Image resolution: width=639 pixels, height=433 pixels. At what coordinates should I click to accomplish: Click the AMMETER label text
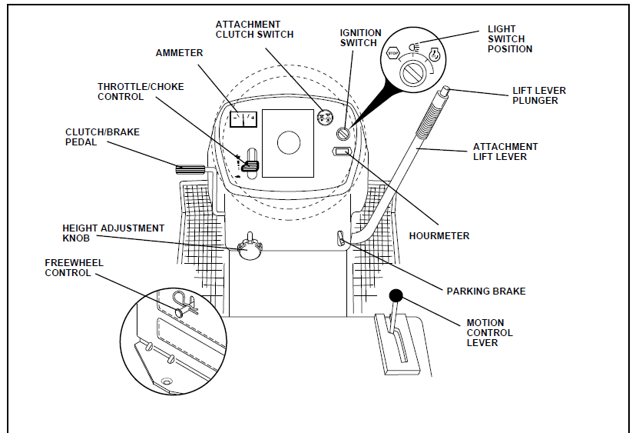pyautogui.click(x=180, y=53)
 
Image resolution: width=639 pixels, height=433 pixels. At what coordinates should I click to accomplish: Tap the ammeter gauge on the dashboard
pyautogui.click(x=243, y=119)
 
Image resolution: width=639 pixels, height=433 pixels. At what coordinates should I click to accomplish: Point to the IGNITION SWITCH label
pyautogui.click(x=360, y=38)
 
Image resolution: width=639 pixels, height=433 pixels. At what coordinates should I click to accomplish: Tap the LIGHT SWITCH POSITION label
pyautogui.click(x=510, y=39)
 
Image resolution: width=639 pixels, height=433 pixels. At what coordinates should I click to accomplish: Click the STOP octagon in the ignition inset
pyautogui.click(x=392, y=54)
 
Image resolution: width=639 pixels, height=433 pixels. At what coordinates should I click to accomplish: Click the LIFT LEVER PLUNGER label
pyautogui.click(x=539, y=95)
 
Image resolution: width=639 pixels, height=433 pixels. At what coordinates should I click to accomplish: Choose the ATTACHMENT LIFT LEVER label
pyautogui.click(x=505, y=152)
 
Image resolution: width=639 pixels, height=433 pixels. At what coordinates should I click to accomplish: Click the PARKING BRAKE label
pyautogui.click(x=486, y=291)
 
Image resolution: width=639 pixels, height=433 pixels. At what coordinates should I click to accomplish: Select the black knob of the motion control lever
pyautogui.click(x=396, y=295)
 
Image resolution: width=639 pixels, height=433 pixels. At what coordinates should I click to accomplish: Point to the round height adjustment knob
pyautogui.click(x=250, y=248)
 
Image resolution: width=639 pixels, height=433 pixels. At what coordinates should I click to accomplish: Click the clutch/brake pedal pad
pyautogui.click(x=187, y=169)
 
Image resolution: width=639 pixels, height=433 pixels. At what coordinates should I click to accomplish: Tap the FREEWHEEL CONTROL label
pyautogui.click(x=74, y=268)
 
